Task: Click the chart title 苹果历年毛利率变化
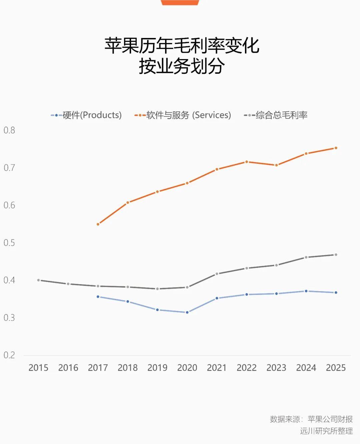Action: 182,46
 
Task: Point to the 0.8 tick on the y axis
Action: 9,130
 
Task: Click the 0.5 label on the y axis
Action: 9,243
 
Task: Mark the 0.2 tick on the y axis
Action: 9,355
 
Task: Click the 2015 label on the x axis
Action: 38,368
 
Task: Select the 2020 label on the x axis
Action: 187,368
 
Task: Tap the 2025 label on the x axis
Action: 336,368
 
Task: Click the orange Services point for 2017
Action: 98,224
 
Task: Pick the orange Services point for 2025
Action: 336,148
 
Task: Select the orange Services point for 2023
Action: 276,165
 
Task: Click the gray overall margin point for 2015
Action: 38,280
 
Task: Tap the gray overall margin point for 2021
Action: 217,274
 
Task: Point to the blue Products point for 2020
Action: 187,312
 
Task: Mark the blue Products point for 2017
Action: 98,297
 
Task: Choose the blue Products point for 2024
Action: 306,291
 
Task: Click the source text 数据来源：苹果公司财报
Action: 311,419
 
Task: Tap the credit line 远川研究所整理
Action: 326,431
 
